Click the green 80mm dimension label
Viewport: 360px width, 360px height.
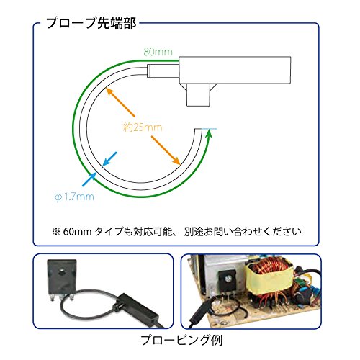pos(158,52)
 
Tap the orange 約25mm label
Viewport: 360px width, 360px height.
pos(143,127)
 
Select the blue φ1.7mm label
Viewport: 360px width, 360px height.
pos(74,197)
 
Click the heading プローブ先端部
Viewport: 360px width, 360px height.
pos(91,23)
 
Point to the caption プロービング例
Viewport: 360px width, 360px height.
pos(181,340)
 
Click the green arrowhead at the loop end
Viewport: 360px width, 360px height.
pos(210,133)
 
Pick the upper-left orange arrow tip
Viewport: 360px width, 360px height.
pos(107,89)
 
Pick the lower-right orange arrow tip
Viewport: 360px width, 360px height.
pos(179,164)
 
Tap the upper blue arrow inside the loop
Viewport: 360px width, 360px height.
pos(109,159)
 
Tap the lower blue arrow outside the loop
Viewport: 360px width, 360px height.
pos(89,179)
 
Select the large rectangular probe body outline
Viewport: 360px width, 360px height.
pos(235,70)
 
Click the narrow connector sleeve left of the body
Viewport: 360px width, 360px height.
pos(163,71)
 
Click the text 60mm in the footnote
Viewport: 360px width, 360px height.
pos(77,232)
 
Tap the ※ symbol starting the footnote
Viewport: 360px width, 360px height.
pos(55,232)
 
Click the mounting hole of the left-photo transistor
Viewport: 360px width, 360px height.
pos(62,272)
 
